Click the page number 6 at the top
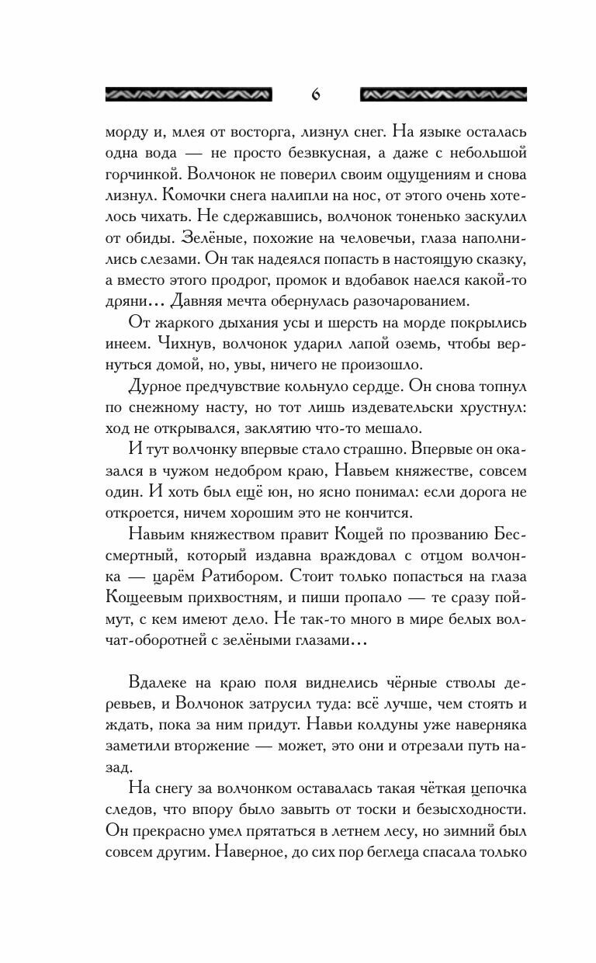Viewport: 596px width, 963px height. click(x=315, y=95)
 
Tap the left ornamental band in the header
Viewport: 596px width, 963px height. click(x=188, y=95)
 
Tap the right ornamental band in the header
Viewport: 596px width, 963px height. click(x=443, y=95)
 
